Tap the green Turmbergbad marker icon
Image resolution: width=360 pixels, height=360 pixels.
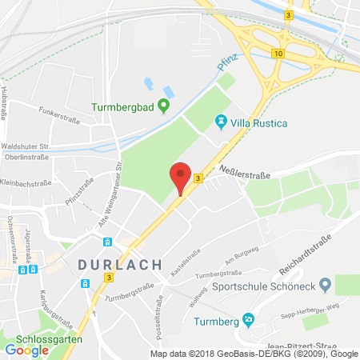pos(164,104)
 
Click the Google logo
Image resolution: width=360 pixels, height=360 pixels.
pos(26,350)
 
